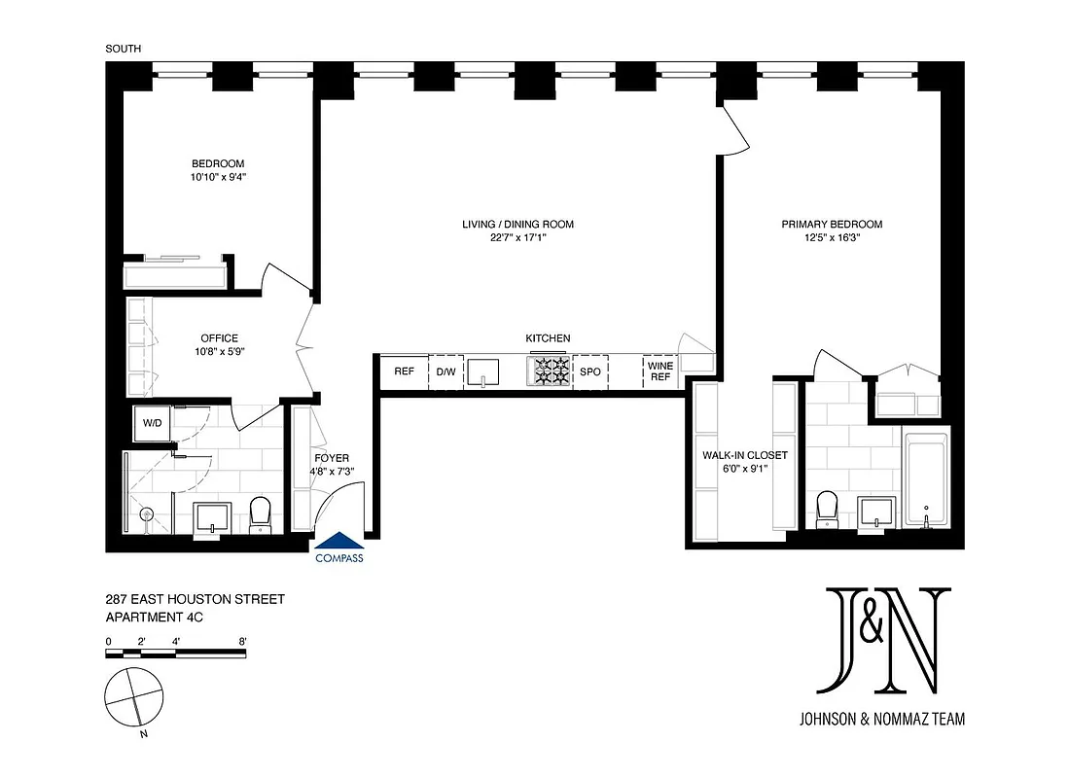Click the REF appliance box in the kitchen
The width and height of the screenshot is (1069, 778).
pyautogui.click(x=404, y=371)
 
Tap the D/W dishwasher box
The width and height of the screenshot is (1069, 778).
pyautogui.click(x=446, y=371)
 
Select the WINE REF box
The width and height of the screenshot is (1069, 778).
pyautogui.click(x=659, y=371)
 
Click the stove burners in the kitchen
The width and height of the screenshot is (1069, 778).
pyautogui.click(x=549, y=371)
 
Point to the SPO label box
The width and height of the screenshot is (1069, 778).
pyautogui.click(x=590, y=371)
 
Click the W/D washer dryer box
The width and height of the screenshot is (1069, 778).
pyautogui.click(x=153, y=423)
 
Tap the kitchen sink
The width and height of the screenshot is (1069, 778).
pyautogui.click(x=482, y=371)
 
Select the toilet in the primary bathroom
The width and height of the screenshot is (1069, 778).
pyautogui.click(x=827, y=508)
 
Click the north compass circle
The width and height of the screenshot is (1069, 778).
pyautogui.click(x=134, y=696)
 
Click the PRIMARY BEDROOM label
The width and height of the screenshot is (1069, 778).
pyautogui.click(x=832, y=225)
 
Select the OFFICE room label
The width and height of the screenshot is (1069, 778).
pyautogui.click(x=219, y=338)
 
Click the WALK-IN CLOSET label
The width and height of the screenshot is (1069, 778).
pyautogui.click(x=744, y=455)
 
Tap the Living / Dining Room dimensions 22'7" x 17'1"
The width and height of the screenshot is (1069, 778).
pyautogui.click(x=517, y=238)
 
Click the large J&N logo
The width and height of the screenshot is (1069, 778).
pyautogui.click(x=881, y=641)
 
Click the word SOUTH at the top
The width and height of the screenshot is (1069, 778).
pyautogui.click(x=123, y=48)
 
